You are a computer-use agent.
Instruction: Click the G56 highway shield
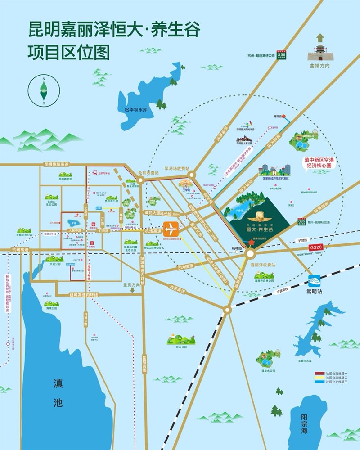tap(281, 54)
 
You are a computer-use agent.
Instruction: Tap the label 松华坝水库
tap(136, 109)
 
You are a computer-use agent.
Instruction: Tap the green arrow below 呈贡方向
tap(133, 291)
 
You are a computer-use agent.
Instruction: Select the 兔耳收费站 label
tap(148, 172)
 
